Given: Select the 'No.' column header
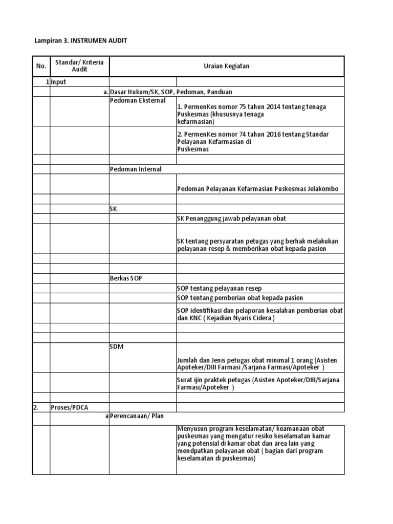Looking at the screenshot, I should (x=40, y=66).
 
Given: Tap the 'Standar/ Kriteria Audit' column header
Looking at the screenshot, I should (x=79, y=66).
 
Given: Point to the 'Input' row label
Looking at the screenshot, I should (x=58, y=82).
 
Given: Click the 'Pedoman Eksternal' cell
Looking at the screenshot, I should (x=138, y=101).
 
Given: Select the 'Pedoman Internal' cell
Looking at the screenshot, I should (x=136, y=169).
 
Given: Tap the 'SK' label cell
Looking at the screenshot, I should (x=114, y=209).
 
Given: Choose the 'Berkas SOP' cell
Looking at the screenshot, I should (x=126, y=278).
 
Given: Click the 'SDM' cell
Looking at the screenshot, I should (x=117, y=347).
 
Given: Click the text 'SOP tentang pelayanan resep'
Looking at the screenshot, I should (x=219, y=289).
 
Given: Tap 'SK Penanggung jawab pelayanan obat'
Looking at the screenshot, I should (x=231, y=219).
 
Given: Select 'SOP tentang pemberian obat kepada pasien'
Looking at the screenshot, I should (x=240, y=298).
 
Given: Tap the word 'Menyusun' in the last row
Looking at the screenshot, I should (x=191, y=429).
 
